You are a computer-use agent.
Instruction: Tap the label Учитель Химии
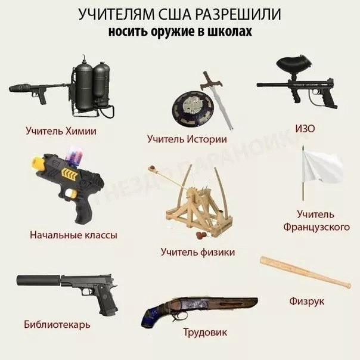coord(61,131)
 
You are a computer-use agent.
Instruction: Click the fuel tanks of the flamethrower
coord(92,86)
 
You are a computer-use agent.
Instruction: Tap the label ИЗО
coord(305,129)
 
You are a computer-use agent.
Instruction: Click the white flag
coord(321,166)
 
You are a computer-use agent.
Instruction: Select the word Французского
coord(316,227)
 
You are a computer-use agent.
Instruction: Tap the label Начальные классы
coord(73,235)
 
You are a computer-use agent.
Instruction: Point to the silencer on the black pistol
coord(39,280)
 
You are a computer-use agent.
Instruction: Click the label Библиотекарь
coord(57,325)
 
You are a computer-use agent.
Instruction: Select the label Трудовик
coord(205,333)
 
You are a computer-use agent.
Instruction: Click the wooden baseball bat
coord(305,272)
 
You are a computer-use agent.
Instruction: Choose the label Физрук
coord(306,301)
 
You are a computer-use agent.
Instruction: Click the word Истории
coord(207,139)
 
